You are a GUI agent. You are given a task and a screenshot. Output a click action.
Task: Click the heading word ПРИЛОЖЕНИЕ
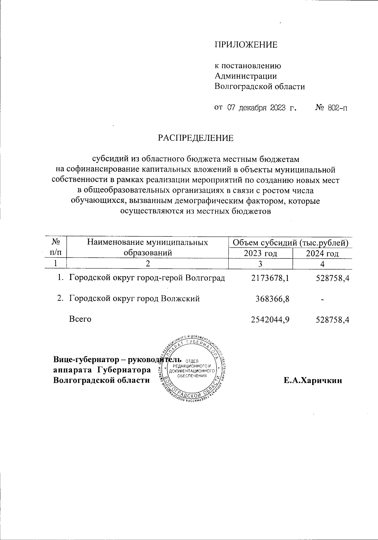[246, 45]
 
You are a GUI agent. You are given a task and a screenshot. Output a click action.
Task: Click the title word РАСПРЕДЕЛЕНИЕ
[196, 138]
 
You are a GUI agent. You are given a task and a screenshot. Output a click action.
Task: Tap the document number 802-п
[338, 108]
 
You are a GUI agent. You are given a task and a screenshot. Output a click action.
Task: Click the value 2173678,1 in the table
[270, 278]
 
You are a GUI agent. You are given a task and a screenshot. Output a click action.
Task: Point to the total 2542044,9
[270, 319]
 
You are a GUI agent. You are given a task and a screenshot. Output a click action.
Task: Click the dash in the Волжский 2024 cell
[322, 300]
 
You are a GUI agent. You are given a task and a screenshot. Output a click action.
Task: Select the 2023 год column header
[260, 253]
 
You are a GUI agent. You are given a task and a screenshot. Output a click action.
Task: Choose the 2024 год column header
[322, 253]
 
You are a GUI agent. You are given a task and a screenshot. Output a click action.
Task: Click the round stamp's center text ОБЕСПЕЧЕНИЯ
[192, 376]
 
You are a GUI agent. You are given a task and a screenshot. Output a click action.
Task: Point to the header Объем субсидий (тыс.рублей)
[290, 242]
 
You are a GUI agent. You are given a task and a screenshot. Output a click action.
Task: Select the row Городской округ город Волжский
[134, 298]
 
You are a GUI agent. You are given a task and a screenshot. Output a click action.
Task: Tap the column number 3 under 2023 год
[260, 264]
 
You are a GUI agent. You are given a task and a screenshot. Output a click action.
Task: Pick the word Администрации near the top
[246, 76]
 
